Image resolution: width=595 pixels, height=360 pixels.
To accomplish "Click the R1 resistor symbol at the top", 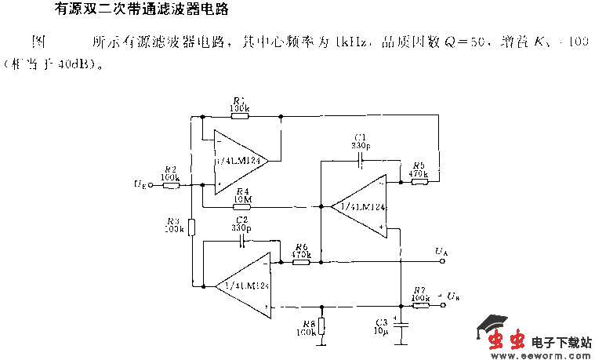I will tap(239, 115).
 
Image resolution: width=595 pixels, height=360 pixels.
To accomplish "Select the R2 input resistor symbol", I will tap(171, 185).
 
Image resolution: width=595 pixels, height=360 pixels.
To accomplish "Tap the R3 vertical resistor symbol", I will tap(190, 228).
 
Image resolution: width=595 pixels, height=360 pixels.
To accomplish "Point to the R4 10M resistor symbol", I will tap(241, 207).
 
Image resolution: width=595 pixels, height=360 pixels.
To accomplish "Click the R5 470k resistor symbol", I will tap(419, 182).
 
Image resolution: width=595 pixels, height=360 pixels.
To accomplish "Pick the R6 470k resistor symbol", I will tap(301, 263).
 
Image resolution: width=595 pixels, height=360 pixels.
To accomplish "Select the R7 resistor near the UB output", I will tap(420, 305).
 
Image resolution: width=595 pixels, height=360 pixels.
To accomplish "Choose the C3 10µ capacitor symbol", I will tap(401, 323).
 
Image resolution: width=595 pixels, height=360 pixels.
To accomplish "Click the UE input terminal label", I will tap(139, 185).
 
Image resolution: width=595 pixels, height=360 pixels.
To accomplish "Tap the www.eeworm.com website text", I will tap(540, 354).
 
